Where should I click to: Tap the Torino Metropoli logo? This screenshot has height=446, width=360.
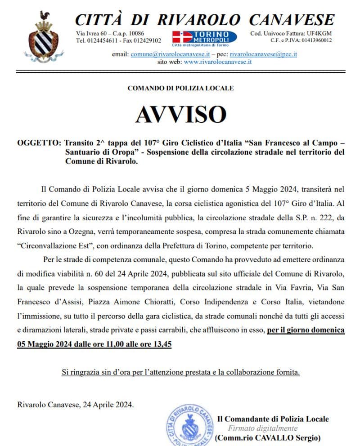(204, 38)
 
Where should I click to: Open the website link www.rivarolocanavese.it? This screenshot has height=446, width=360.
(217, 62)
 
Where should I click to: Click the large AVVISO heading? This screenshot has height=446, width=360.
(180, 115)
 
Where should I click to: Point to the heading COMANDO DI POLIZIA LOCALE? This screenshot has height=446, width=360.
(180, 88)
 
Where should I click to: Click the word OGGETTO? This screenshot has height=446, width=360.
(38, 143)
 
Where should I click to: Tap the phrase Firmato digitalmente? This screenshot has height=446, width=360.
(263, 428)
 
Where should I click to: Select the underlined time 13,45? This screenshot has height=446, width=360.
(162, 344)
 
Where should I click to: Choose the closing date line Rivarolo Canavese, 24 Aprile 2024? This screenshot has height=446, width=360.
(75, 404)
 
